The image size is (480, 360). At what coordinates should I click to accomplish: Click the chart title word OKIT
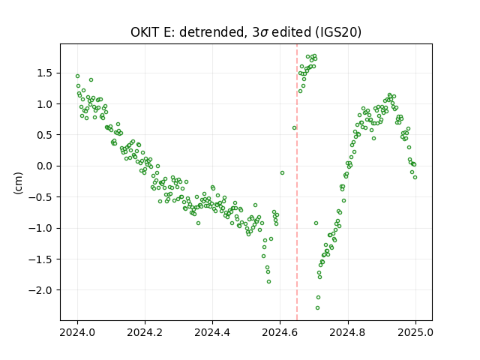145,32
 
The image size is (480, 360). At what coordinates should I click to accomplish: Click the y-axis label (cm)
18,183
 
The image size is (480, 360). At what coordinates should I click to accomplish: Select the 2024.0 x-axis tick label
77,332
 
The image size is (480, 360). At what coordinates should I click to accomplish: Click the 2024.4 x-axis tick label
212,332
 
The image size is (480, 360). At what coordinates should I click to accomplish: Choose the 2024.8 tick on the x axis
348,332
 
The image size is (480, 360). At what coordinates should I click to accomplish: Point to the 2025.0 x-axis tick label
415,332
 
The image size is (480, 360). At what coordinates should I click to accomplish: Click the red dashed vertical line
297,182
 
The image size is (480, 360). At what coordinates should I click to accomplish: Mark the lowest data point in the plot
317,307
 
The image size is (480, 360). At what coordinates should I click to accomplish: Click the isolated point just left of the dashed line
294,127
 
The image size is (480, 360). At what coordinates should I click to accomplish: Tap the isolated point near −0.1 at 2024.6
282,172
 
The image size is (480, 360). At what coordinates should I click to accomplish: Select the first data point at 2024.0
77,76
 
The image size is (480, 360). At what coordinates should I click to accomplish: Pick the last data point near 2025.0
415,177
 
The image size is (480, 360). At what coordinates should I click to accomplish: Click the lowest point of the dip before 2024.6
268,281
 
